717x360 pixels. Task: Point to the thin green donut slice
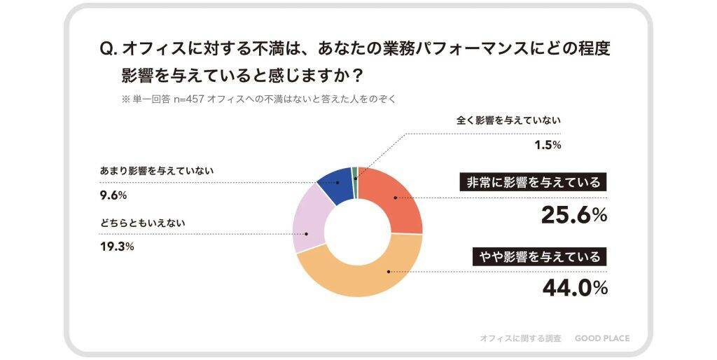click(x=355, y=174)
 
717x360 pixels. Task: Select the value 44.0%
click(x=573, y=288)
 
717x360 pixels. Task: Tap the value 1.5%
click(x=548, y=145)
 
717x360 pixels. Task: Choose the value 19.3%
click(x=117, y=247)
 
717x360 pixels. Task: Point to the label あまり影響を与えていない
click(x=157, y=171)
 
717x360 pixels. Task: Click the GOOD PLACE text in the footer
click(x=601, y=338)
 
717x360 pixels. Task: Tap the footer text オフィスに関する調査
click(x=520, y=338)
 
